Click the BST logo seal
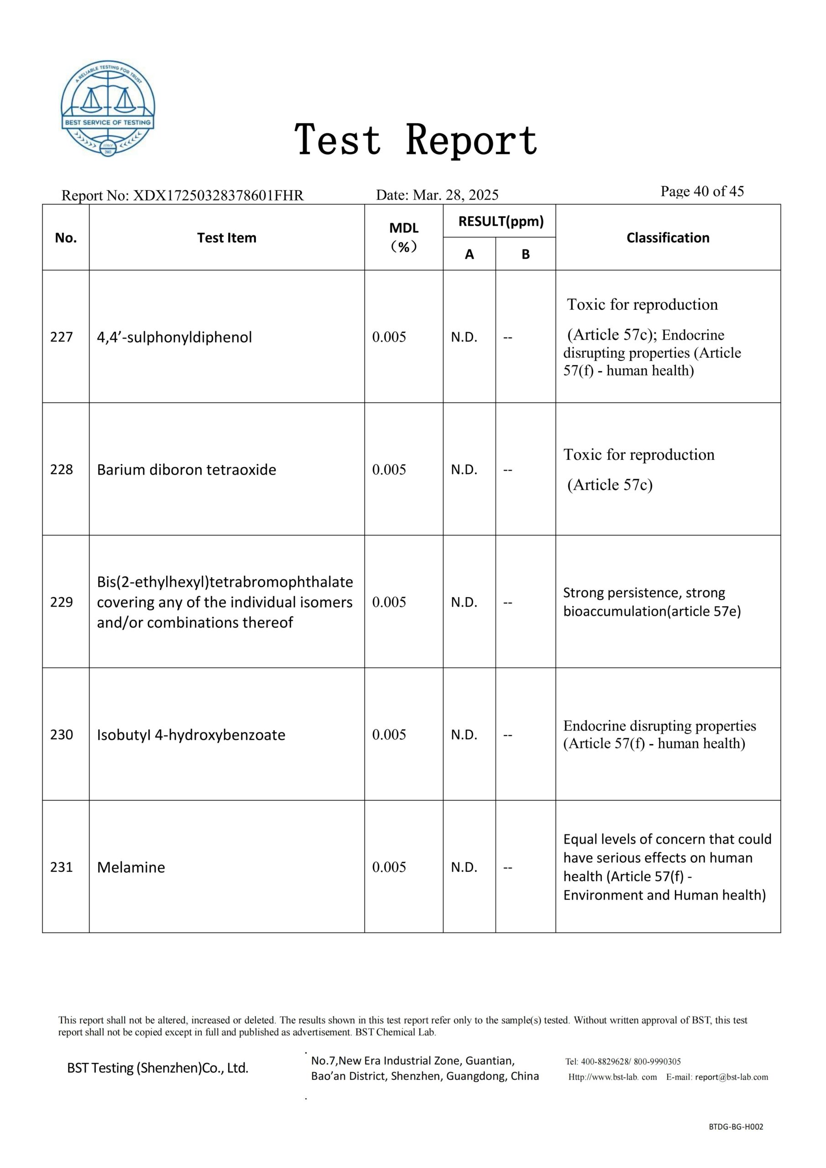coord(108,109)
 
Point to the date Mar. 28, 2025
coord(455,195)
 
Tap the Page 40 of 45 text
coord(702,191)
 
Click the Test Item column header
coord(226,238)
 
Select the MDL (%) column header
coord(403,237)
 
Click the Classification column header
coord(668,238)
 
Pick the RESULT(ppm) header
coord(501,221)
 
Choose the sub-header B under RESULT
coord(525,254)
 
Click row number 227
coord(62,337)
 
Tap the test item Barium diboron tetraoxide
coord(186,469)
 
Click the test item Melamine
coord(131,867)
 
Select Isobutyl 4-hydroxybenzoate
coord(191,735)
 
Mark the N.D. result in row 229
coord(464,602)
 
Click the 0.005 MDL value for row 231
coord(389,867)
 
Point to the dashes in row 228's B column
coord(508,469)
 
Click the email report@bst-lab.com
coord(732,1077)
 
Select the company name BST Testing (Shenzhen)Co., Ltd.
coord(158,1068)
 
